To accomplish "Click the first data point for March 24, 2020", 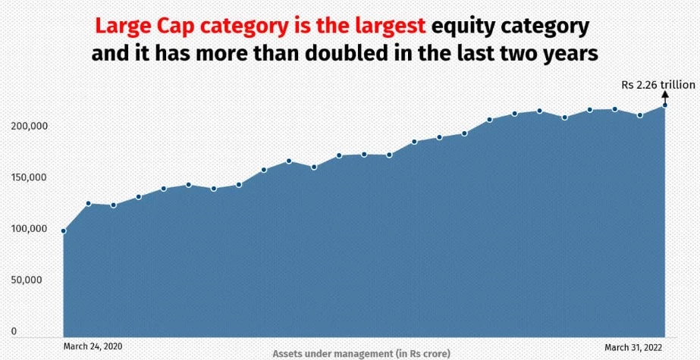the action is (x=64, y=231).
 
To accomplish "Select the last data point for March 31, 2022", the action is (x=664, y=105).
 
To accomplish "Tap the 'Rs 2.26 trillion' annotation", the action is (x=658, y=85).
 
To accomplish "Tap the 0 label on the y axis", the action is (x=14, y=331).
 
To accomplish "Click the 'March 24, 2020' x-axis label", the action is (x=93, y=346).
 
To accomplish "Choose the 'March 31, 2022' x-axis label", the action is (x=633, y=348).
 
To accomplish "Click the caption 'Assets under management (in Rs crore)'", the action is (x=362, y=354).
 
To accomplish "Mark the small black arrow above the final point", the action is (x=664, y=97).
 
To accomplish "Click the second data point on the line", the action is (x=89, y=203).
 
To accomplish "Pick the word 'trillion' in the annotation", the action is (x=677, y=85).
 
